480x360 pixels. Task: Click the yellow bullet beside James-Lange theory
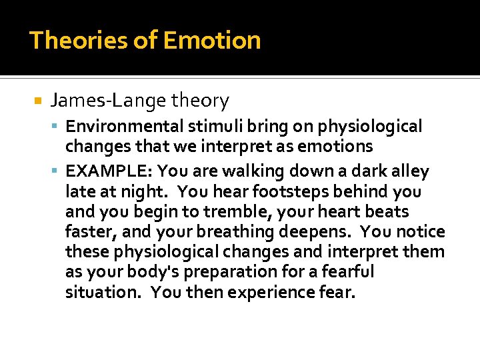37,101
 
